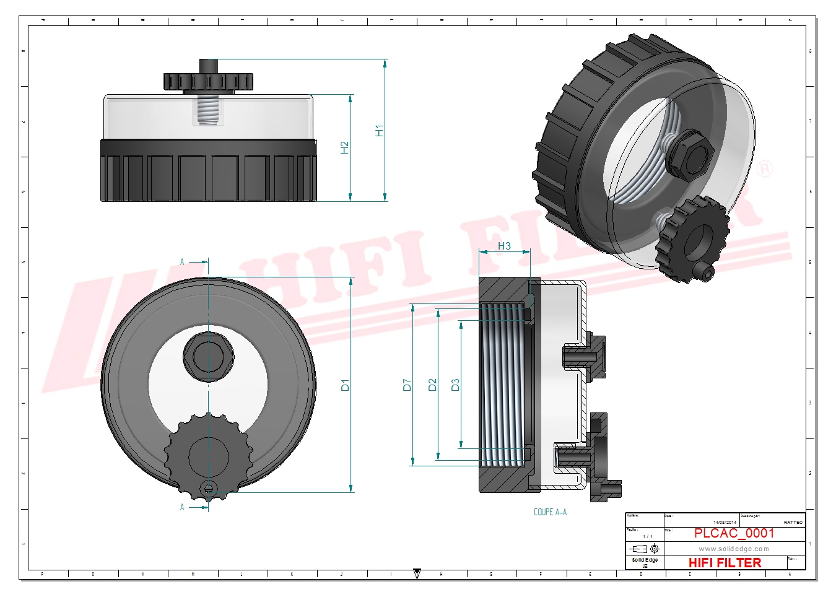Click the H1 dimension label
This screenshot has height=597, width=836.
point(379,130)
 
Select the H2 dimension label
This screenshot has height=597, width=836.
point(344,147)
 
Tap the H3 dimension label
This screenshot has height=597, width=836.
point(504,246)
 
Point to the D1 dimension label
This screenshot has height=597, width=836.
point(345,385)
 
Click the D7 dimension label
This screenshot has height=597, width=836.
point(407,385)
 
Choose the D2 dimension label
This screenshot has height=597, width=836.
point(432,385)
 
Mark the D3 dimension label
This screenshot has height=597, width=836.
point(455,385)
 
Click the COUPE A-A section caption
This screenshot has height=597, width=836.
point(550,512)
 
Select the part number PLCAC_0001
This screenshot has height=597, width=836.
point(734,533)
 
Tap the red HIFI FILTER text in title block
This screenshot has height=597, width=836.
point(725,562)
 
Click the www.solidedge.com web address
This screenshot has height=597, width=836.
point(734,549)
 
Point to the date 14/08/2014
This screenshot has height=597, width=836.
point(725,522)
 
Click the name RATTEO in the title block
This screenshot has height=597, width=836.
point(793,522)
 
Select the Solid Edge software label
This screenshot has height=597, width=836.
point(645,560)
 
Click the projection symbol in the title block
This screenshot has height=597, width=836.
point(644,549)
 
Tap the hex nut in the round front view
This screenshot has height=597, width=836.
point(209,356)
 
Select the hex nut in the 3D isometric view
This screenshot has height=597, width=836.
point(689,155)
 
